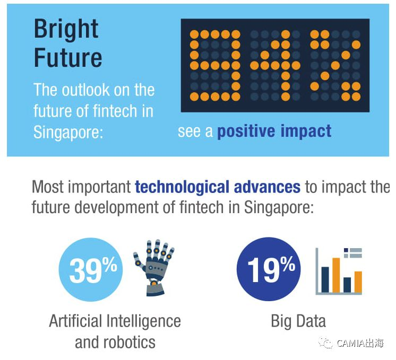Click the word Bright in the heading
[x=66, y=29]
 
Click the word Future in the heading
[x=68, y=57]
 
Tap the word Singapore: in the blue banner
[x=68, y=132]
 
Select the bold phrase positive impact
[x=274, y=131]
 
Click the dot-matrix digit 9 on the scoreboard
[x=215, y=66]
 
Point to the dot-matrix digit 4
[x=275, y=66]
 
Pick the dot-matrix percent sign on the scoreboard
[x=335, y=66]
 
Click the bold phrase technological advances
[x=218, y=187]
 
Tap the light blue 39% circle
[x=91, y=269]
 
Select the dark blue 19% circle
[x=269, y=269]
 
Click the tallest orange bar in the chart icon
[x=336, y=275]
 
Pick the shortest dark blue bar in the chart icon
[x=347, y=285]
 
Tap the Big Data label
[x=298, y=321]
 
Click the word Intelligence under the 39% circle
[x=144, y=321]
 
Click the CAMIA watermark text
[x=360, y=343]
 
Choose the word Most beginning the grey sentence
[x=48, y=187]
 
